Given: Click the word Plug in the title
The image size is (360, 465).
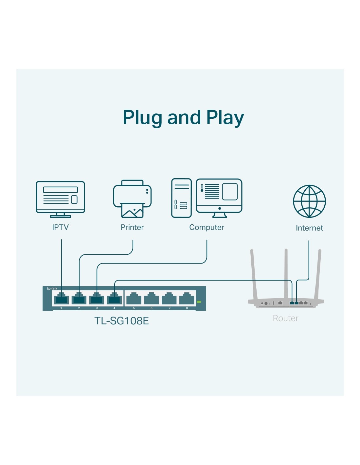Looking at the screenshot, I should pyautogui.click(x=143, y=118).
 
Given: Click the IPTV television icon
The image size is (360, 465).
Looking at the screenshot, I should pyautogui.click(x=61, y=199).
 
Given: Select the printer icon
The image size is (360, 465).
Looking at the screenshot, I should pyautogui.click(x=132, y=198).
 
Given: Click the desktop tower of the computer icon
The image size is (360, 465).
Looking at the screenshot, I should pyautogui.click(x=181, y=198).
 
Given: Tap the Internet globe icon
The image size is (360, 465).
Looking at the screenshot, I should pyautogui.click(x=309, y=201).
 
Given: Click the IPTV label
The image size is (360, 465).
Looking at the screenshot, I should pyautogui.click(x=61, y=227).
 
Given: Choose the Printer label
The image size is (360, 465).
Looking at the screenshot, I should pyautogui.click(x=132, y=227).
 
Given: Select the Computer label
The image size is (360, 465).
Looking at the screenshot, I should pyautogui.click(x=207, y=227).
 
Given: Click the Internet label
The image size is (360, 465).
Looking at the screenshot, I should pyautogui.click(x=309, y=228).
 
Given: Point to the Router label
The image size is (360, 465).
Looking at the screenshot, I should pyautogui.click(x=285, y=319).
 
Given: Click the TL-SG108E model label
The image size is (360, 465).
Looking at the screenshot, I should pyautogui.click(x=121, y=321).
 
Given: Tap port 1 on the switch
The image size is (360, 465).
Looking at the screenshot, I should pyautogui.click(x=61, y=299).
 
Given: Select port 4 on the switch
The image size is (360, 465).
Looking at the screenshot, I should pyautogui.click(x=114, y=299).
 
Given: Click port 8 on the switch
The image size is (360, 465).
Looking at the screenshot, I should pyautogui.click(x=187, y=299).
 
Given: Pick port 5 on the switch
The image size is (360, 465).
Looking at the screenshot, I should pyautogui.click(x=134, y=299).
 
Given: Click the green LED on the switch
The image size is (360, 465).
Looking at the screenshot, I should pyautogui.click(x=199, y=302).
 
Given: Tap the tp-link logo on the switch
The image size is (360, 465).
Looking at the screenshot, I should pyautogui.click(x=52, y=288).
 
